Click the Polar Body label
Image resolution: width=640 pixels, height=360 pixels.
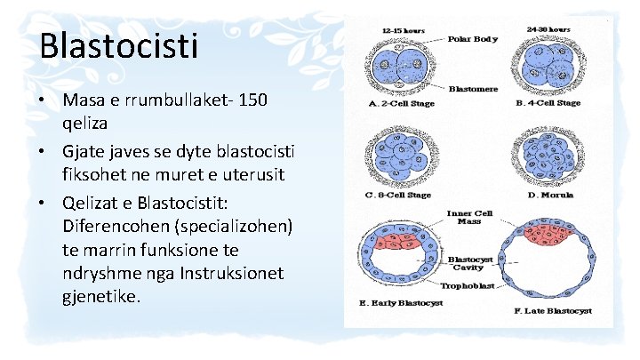[472, 40]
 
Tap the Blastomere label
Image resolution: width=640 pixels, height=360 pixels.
[473, 89]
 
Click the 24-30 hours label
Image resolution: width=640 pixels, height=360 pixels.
[548, 28]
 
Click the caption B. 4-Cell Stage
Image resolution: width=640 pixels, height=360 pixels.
[548, 103]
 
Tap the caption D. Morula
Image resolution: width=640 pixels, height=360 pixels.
[550, 195]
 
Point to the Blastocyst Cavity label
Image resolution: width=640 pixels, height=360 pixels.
[468, 265]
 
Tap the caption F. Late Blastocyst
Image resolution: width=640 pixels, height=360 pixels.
[553, 312]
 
